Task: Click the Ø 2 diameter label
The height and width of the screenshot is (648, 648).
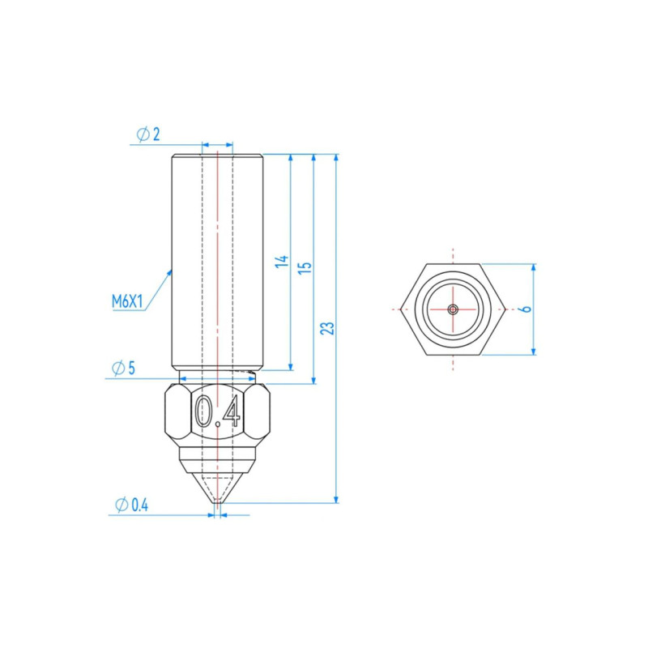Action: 148,134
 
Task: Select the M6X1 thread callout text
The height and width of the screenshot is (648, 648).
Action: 127,301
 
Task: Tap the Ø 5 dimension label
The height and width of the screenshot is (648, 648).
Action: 124,368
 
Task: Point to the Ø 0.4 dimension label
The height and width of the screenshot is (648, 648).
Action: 131,505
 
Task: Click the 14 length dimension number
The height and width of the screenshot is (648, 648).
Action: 282,261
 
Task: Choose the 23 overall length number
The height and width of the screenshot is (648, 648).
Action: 328,329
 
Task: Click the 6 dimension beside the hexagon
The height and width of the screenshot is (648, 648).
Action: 526,309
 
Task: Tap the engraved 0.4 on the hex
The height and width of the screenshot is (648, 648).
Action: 218,411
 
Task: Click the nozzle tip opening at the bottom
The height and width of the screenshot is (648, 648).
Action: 217,502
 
